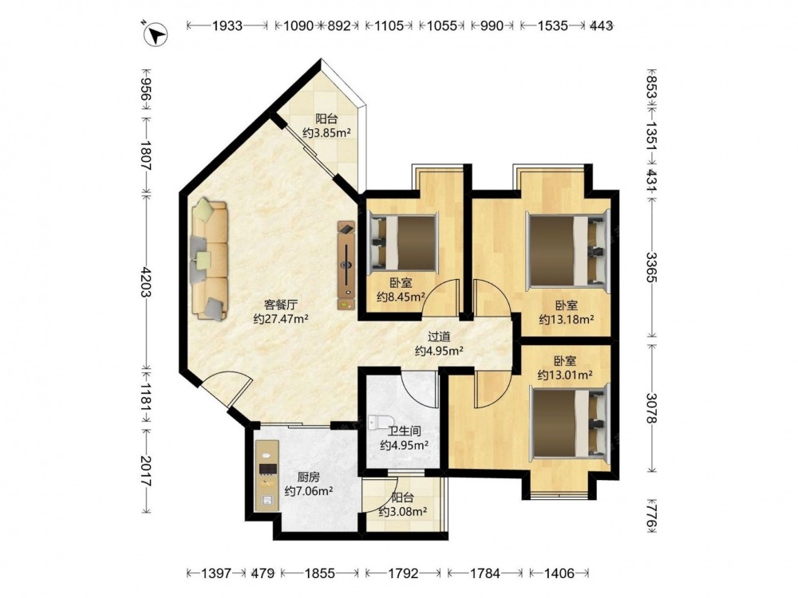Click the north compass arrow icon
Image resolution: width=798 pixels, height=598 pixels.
click(x=155, y=34)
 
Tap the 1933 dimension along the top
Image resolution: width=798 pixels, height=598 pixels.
click(x=227, y=26)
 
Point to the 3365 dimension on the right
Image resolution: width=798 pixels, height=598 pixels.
click(x=652, y=267)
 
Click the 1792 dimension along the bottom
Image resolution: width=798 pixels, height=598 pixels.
click(x=403, y=573)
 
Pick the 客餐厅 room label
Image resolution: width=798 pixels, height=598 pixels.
click(x=280, y=305)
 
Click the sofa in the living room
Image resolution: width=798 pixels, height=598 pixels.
click(x=209, y=259)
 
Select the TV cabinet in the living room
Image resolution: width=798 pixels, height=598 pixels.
click(x=346, y=265)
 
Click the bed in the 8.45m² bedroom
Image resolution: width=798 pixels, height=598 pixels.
click(x=404, y=242)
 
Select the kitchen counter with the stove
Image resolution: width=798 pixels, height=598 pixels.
click(x=267, y=474)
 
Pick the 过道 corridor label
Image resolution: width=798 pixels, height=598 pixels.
click(x=439, y=336)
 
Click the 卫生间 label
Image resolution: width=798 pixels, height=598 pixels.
click(x=404, y=431)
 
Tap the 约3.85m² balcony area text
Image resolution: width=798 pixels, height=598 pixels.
click(x=326, y=133)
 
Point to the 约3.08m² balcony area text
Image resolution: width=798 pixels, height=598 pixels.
click(x=402, y=512)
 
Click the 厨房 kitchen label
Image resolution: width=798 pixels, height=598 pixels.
click(x=308, y=477)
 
